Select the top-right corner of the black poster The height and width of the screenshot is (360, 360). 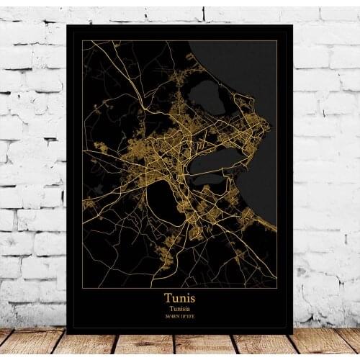pyautogui.click(x=292, y=25)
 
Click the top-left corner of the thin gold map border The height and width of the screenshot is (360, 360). pyautogui.click(x=82, y=41)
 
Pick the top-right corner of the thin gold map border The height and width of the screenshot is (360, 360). pyautogui.click(x=277, y=41)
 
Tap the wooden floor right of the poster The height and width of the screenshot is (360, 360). pyautogui.click(x=328, y=344)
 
